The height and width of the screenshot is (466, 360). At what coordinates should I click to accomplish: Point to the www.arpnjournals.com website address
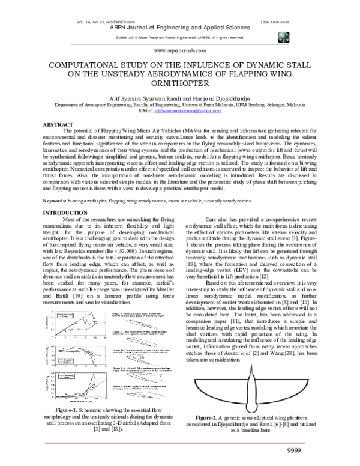coord(179,52)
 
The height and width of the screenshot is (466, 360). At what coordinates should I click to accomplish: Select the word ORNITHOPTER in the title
coord(180,85)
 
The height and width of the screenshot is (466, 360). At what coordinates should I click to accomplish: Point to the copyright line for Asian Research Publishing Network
coord(179,37)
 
